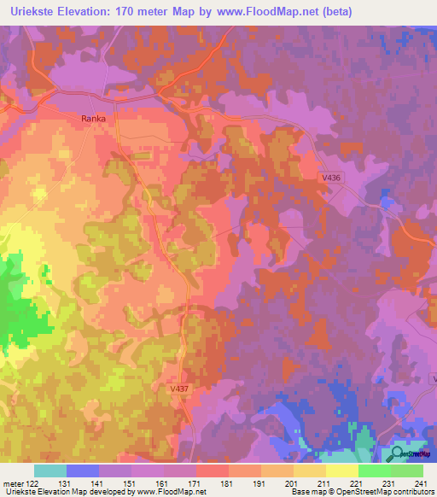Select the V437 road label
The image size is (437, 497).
click(x=179, y=388)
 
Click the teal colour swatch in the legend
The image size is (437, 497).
click(x=50, y=471)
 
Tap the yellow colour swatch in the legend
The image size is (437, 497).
click(x=341, y=471)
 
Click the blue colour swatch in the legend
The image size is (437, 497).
click(x=83, y=471)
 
